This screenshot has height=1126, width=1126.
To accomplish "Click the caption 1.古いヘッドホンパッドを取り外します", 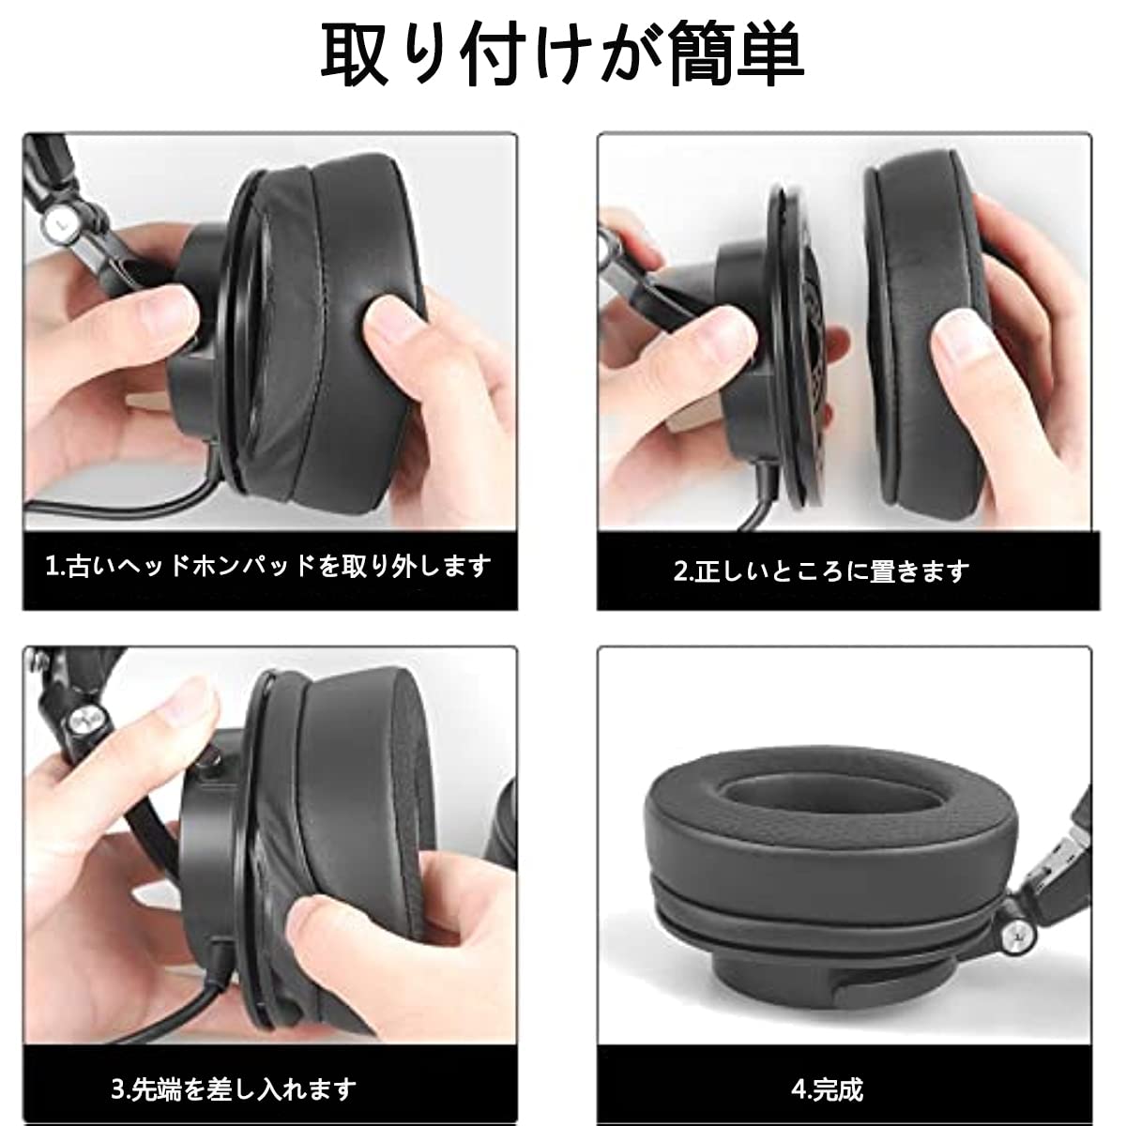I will [268, 567].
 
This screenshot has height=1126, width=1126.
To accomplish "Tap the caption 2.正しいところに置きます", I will [820, 571].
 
